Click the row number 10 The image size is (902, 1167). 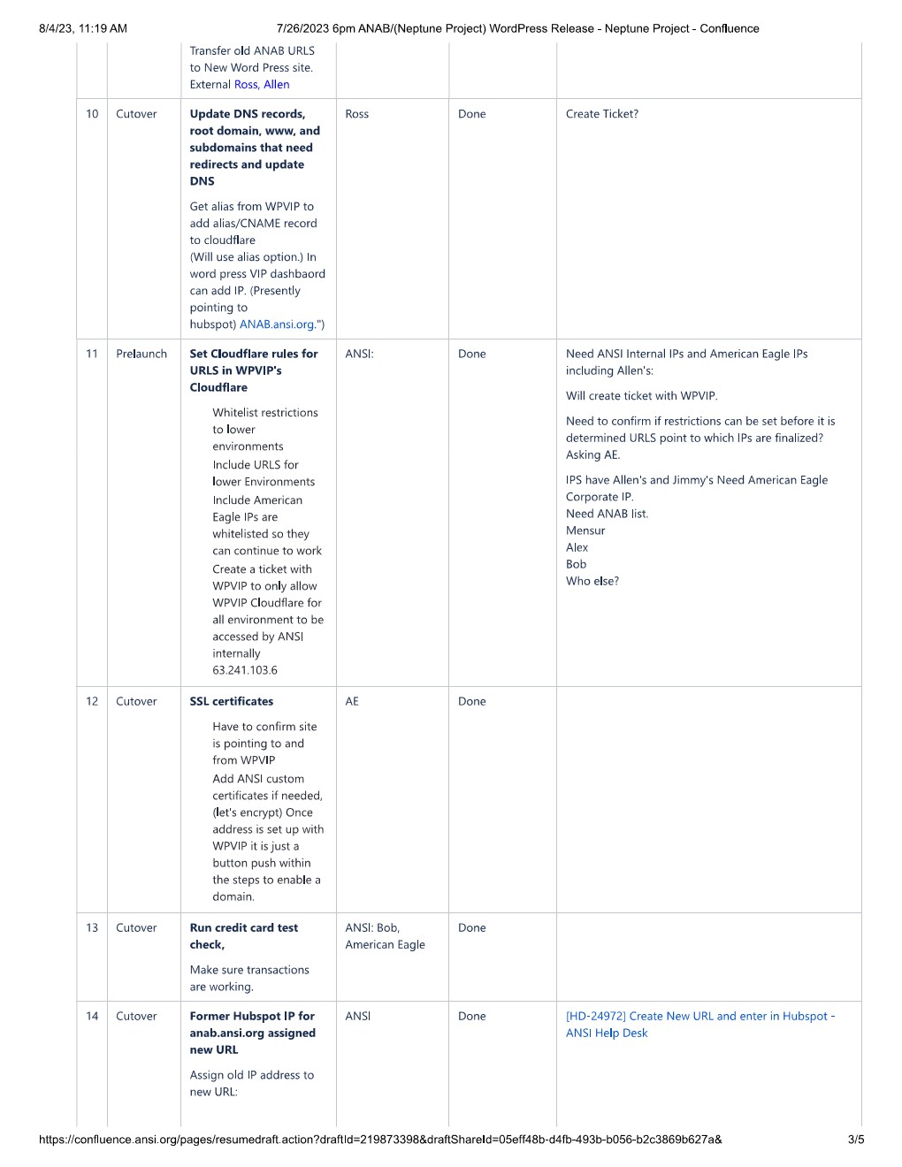pyautogui.click(x=92, y=114)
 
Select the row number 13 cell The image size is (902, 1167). pyautogui.click(x=92, y=928)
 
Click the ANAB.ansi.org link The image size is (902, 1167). pyautogui.click(x=277, y=324)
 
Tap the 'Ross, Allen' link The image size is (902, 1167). pyautogui.click(x=262, y=85)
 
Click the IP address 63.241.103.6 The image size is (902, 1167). pyautogui.click(x=245, y=670)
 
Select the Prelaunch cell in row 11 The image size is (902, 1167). pyautogui.click(x=141, y=354)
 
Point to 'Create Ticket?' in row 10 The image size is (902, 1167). pyautogui.click(x=601, y=114)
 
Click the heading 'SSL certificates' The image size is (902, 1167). pyautogui.click(x=232, y=701)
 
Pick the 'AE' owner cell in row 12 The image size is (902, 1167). pyautogui.click(x=352, y=701)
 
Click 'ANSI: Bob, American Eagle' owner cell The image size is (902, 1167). pyautogui.click(x=385, y=936)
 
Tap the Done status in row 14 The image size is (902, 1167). pyautogui.click(x=471, y=1017)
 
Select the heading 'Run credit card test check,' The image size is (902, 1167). pyautogui.click(x=243, y=936)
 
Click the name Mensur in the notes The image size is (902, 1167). pyautogui.click(x=585, y=530)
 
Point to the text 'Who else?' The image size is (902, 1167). pyautogui.click(x=592, y=581)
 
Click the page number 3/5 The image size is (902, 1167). pyautogui.click(x=855, y=1140)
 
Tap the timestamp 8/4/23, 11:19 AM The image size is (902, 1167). pyautogui.click(x=83, y=28)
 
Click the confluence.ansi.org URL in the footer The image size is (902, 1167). pyautogui.click(x=380, y=1140)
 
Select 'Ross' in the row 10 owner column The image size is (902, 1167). pyautogui.click(x=357, y=114)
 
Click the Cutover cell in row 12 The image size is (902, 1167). pyautogui.click(x=136, y=701)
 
